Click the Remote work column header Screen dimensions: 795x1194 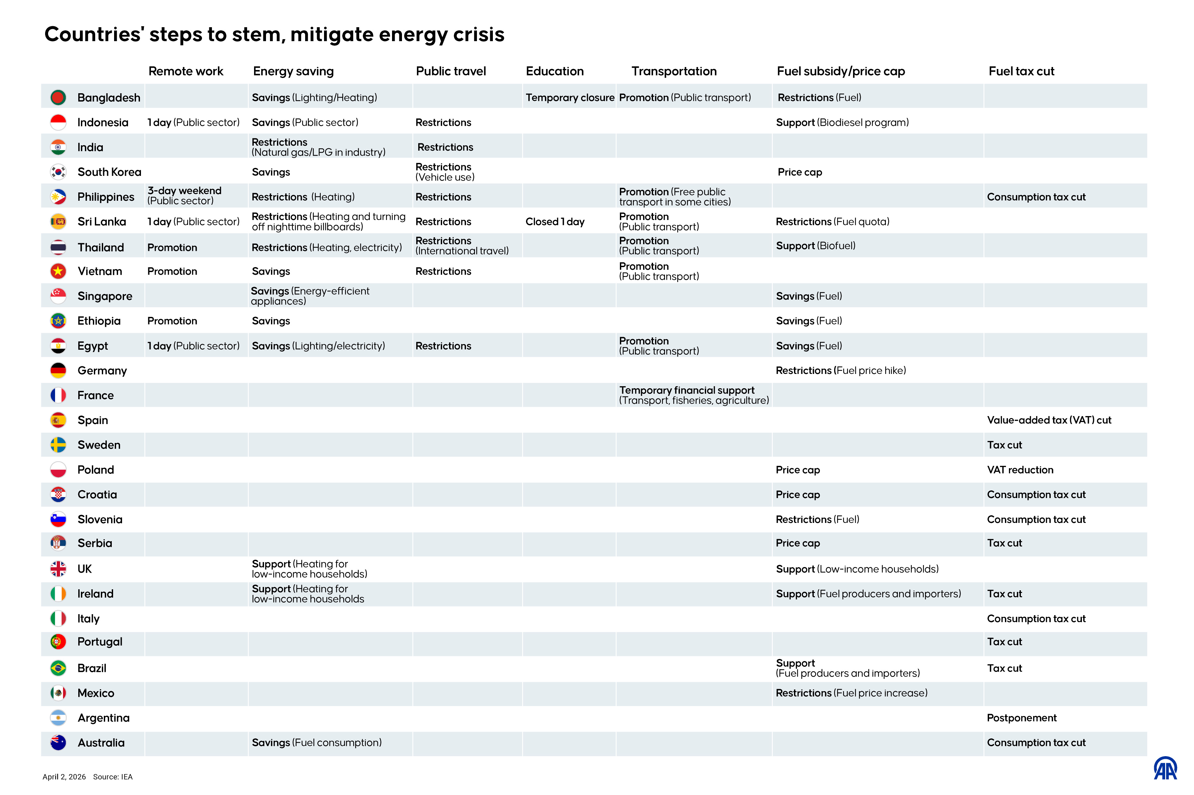(x=185, y=71)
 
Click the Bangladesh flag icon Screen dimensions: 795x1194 (x=58, y=97)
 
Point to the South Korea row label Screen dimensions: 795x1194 (x=109, y=172)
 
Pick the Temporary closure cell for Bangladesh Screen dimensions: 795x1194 (x=569, y=97)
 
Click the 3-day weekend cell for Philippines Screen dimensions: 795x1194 (x=184, y=196)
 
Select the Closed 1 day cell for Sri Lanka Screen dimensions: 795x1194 (x=555, y=222)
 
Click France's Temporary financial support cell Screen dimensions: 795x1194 (x=693, y=395)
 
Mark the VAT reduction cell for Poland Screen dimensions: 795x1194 (x=1019, y=470)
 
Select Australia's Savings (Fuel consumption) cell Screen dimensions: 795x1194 (x=316, y=742)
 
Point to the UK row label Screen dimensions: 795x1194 (x=84, y=569)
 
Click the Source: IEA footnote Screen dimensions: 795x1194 (x=112, y=777)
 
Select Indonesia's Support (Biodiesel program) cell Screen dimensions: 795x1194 (x=841, y=122)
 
